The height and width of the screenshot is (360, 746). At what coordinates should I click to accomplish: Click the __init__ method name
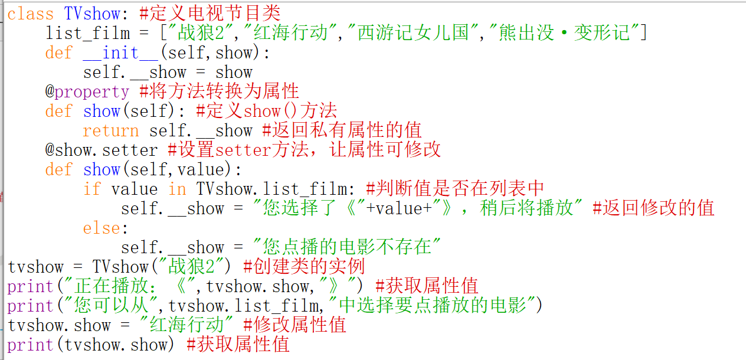tap(120, 53)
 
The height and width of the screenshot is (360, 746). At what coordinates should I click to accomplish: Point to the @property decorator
tap(87, 91)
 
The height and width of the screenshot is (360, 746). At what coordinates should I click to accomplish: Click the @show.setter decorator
tap(102, 150)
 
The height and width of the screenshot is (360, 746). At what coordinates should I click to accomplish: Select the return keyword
tap(111, 130)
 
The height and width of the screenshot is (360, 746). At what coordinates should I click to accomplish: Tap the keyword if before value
tap(91, 189)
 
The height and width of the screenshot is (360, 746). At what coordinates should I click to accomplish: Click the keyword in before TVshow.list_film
tap(177, 189)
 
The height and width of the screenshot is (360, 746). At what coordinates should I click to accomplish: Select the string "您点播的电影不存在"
tap(346, 247)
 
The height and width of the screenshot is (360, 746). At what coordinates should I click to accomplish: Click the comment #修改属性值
tap(295, 325)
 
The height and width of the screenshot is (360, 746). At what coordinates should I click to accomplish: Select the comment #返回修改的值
tap(653, 208)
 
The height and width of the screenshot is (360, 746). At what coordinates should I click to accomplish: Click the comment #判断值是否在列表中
tap(455, 189)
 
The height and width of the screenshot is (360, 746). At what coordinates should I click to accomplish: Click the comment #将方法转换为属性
tap(220, 91)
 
